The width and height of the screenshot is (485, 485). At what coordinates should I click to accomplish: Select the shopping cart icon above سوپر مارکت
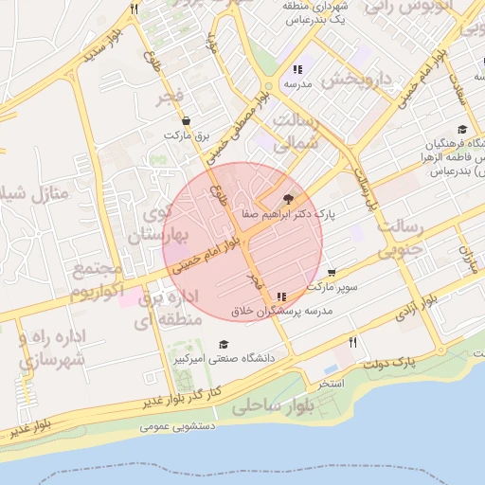point(332,273)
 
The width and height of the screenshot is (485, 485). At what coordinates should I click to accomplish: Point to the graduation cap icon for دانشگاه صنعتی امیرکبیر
point(224,344)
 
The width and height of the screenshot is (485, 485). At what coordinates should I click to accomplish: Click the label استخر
point(331,384)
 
